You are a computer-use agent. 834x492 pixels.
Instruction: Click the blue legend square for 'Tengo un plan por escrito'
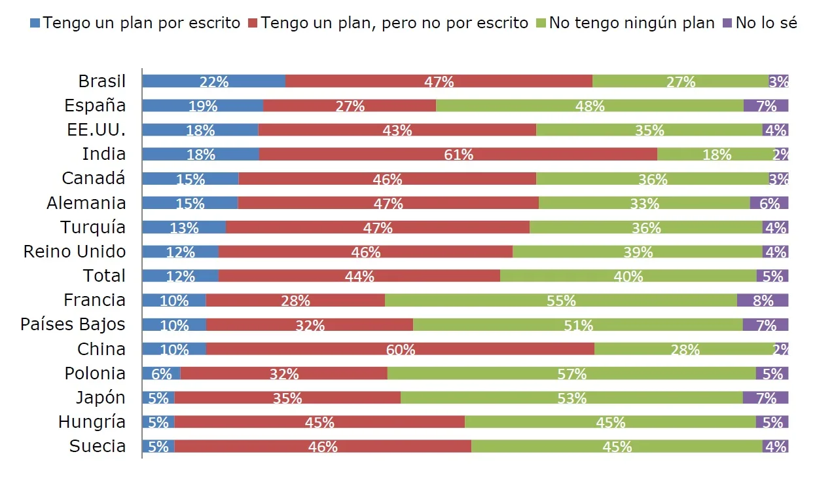[x=35, y=24]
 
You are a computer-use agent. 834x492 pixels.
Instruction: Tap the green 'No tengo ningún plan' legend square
[x=541, y=24]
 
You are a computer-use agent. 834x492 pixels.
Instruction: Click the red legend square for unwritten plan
[x=253, y=24]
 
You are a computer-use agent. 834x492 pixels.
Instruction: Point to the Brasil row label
[x=101, y=81]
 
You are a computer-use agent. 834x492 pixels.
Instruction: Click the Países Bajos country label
[x=73, y=324]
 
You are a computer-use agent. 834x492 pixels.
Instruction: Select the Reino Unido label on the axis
[x=75, y=252]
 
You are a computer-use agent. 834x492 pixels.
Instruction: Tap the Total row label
[x=104, y=276]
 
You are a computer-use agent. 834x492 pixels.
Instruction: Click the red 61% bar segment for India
[x=458, y=155]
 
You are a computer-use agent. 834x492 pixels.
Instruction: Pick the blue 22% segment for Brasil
[x=213, y=81]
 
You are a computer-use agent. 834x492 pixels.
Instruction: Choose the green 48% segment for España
[x=589, y=106]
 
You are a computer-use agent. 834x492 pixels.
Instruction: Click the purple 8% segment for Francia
[x=763, y=301]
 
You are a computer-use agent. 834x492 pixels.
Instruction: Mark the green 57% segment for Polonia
[x=571, y=373]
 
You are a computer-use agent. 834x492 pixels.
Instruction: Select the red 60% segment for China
[x=400, y=349]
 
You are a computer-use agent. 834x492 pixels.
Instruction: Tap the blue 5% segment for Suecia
[x=158, y=447]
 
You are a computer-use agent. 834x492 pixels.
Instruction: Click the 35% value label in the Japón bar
[x=287, y=398]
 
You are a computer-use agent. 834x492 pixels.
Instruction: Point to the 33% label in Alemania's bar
[x=644, y=204]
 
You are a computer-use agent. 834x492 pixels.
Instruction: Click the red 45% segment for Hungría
[x=319, y=423]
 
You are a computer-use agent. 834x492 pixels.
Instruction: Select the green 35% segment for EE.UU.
[x=649, y=130]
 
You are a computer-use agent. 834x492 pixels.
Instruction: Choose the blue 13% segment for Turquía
[x=184, y=227]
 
